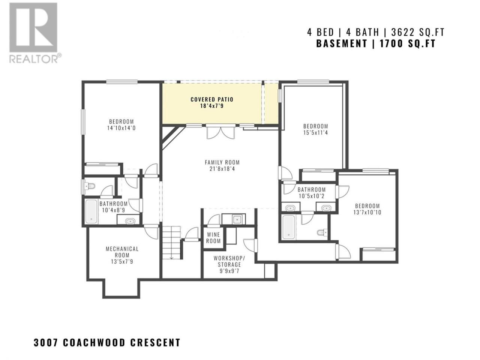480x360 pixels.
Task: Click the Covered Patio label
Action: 212,99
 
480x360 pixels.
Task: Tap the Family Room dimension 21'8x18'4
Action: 222,169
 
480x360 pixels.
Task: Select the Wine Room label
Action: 213,238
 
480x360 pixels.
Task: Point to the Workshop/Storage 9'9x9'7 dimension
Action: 229,271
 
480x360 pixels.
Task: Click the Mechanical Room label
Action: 122,252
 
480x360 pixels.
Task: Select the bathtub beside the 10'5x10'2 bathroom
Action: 288,226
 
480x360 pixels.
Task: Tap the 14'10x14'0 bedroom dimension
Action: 121,128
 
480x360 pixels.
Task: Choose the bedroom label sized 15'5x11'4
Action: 315,126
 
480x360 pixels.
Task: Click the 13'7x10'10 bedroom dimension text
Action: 367,212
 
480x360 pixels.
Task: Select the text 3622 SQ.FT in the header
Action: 418,33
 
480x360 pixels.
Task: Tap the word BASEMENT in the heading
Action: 342,43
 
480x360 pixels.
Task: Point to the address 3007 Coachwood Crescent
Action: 107,342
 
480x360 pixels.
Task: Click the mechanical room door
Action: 151,232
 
